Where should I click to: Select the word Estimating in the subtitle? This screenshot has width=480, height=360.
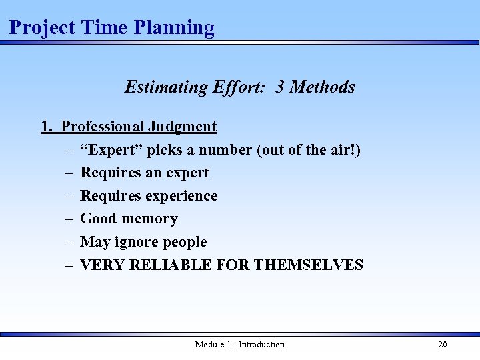[x=166, y=87]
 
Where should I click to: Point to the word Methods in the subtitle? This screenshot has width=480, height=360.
[x=323, y=87]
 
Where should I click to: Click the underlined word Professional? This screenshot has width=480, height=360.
[x=103, y=127]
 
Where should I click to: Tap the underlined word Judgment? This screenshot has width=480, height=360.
[x=183, y=127]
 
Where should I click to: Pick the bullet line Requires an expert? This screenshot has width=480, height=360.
[x=145, y=173]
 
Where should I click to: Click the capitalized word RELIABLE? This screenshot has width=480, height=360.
[x=175, y=265]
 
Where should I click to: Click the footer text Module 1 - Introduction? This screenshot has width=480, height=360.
[x=239, y=344]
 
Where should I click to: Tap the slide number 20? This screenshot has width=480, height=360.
[x=442, y=344]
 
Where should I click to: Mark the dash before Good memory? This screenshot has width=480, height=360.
[x=69, y=219]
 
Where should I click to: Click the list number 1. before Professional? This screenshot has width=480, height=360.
[x=47, y=127]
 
